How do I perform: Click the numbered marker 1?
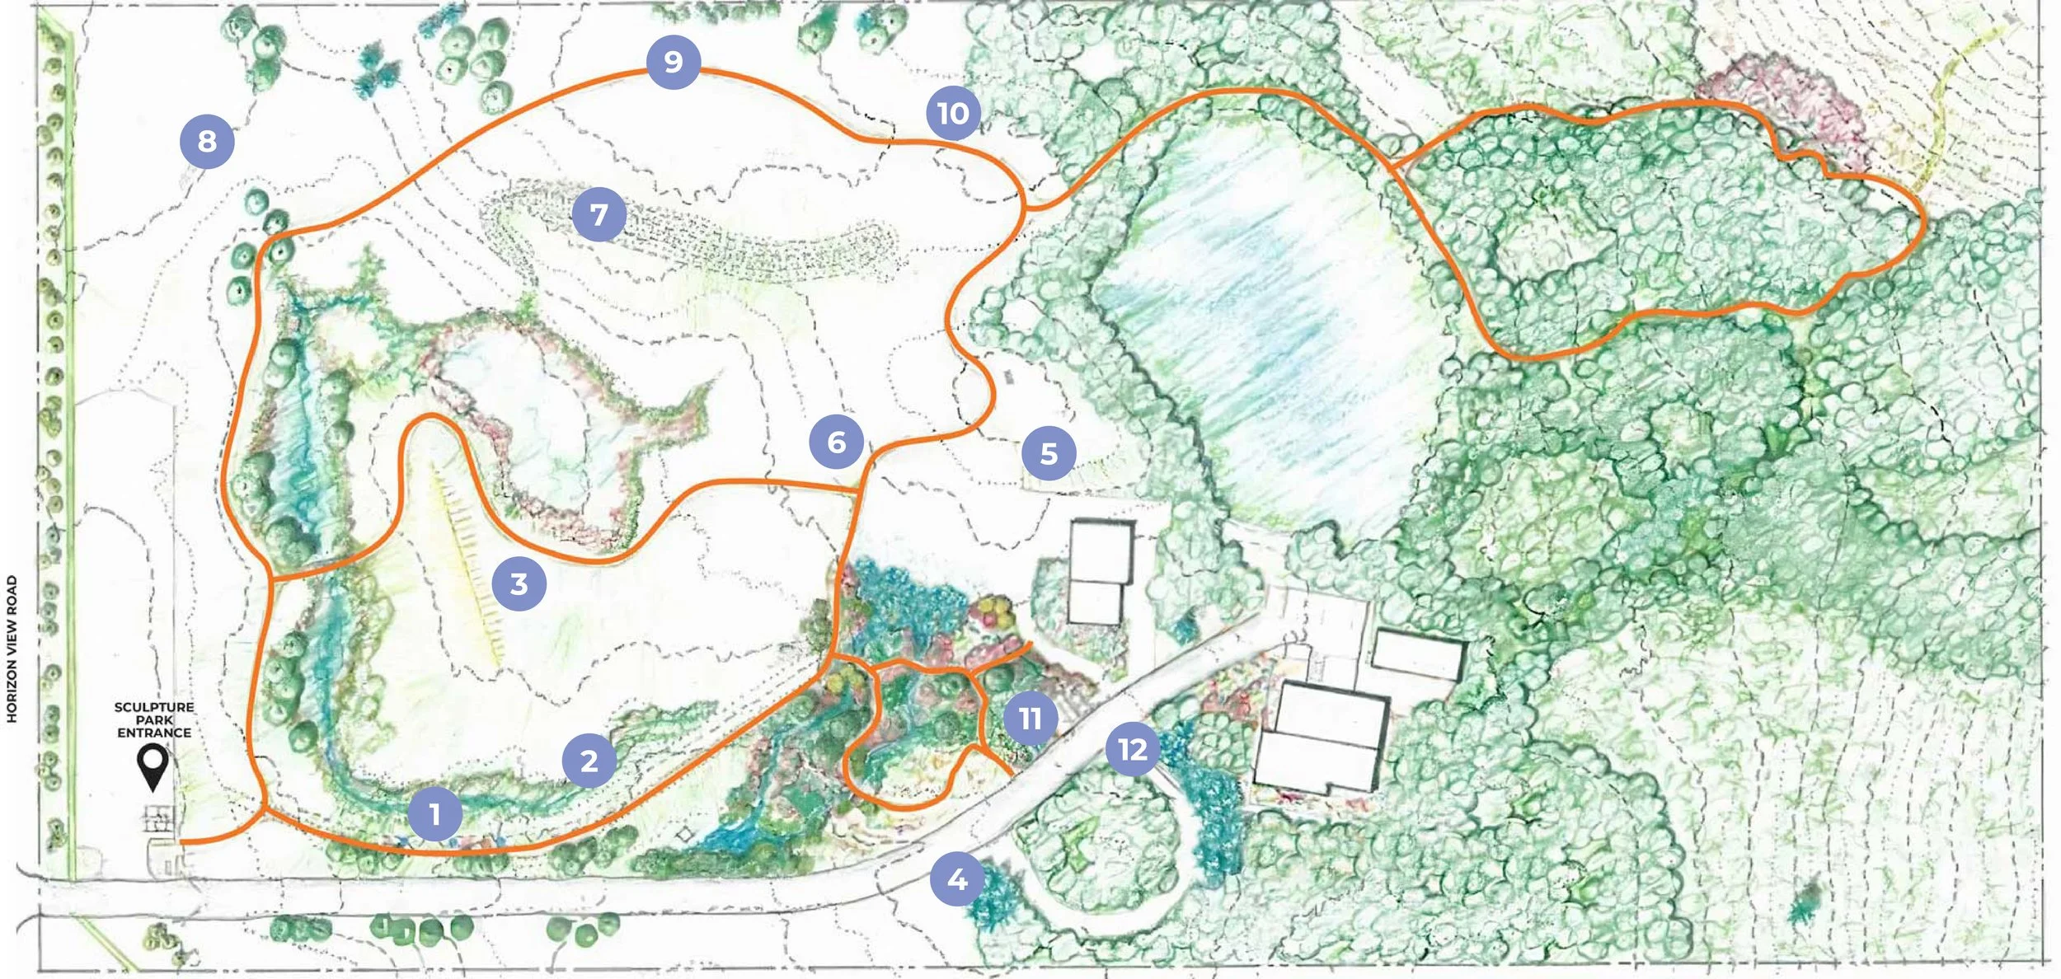pyautogui.click(x=434, y=814)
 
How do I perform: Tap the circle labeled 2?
pyautogui.click(x=589, y=761)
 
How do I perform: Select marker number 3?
pyautogui.click(x=519, y=583)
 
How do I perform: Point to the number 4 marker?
pyautogui.click(x=956, y=879)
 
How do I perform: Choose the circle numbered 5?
pyautogui.click(x=1049, y=452)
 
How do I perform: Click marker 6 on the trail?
pyautogui.click(x=836, y=442)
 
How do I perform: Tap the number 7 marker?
pyautogui.click(x=599, y=214)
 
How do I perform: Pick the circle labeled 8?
pyautogui.click(x=207, y=141)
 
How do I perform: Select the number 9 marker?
pyautogui.click(x=674, y=61)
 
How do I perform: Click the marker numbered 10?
pyautogui.click(x=953, y=113)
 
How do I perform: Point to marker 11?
pyautogui.click(x=1030, y=718)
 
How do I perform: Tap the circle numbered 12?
pyautogui.click(x=1132, y=748)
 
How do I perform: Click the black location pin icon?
pyautogui.click(x=153, y=766)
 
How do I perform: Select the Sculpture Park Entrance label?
pyautogui.click(x=154, y=719)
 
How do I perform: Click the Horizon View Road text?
pyautogui.click(x=12, y=649)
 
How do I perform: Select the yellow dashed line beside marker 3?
pyautogui.click(x=467, y=569)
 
